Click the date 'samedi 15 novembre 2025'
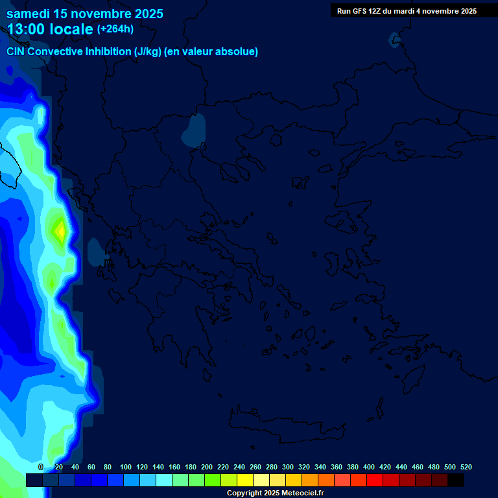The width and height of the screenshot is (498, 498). pyautogui.click(x=85, y=14)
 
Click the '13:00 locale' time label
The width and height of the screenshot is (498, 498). pyautogui.click(x=50, y=29)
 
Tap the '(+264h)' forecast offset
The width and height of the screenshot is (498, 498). pyautogui.click(x=115, y=29)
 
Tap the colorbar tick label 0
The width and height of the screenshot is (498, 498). pyautogui.click(x=41, y=467)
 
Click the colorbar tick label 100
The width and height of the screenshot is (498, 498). pyautogui.click(x=126, y=467)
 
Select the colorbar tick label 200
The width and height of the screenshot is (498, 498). pyautogui.click(x=207, y=467)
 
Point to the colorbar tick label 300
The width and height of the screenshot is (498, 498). pyautogui.click(x=288, y=467)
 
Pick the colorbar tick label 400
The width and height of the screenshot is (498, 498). pyautogui.click(x=369, y=467)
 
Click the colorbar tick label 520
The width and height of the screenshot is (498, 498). pyautogui.click(x=466, y=467)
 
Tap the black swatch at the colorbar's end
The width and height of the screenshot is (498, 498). pyautogui.click(x=456, y=480)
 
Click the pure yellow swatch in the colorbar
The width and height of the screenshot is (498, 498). pyautogui.click(x=244, y=480)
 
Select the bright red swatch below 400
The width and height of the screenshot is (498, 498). pyautogui.click(x=374, y=480)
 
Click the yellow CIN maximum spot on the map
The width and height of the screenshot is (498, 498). pyautogui.click(x=60, y=230)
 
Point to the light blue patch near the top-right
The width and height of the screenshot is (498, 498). pyautogui.click(x=395, y=41)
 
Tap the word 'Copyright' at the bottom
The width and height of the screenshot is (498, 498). pyautogui.click(x=244, y=493)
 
